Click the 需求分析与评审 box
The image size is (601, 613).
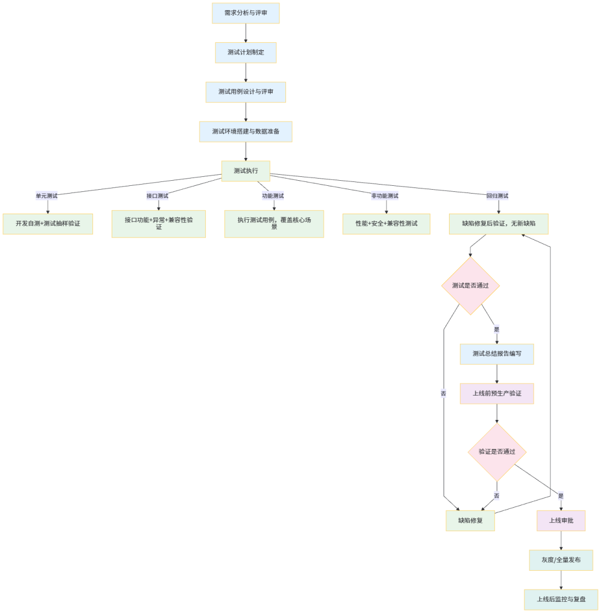click(245, 13)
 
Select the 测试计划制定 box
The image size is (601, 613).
click(245, 52)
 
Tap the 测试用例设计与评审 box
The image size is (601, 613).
click(245, 92)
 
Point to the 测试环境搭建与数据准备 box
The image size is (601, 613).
click(245, 132)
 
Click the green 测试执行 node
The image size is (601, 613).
click(245, 171)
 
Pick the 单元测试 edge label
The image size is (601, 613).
click(47, 196)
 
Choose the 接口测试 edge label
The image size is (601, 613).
click(157, 196)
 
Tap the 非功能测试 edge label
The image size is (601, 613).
click(385, 196)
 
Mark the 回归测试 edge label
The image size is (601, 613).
click(497, 196)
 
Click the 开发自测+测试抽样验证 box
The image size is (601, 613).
click(48, 224)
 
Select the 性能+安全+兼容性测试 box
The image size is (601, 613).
click(386, 224)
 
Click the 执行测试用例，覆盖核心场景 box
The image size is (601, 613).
click(274, 224)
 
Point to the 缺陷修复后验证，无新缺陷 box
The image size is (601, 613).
click(499, 224)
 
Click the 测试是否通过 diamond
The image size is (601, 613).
click(470, 286)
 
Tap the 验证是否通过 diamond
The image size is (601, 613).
click(497, 452)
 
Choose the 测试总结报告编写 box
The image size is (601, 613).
click(496, 354)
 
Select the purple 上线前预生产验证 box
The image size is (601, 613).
click(496, 393)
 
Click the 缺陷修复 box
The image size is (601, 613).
click(470, 521)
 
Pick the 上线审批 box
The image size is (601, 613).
click(560, 521)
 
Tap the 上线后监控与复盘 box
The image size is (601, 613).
click(561, 600)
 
